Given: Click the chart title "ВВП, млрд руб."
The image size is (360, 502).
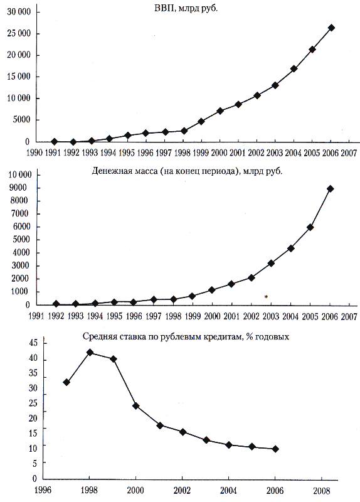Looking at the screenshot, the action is (x=186, y=9).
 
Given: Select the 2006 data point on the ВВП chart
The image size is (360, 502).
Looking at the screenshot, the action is (x=332, y=28).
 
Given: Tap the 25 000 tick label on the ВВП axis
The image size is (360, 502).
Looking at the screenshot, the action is (x=19, y=33).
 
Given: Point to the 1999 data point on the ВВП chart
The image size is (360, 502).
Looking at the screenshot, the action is (x=201, y=121).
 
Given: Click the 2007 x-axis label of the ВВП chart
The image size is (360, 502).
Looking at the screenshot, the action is (x=349, y=153).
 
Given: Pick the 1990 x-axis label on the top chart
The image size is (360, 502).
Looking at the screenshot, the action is (x=34, y=152).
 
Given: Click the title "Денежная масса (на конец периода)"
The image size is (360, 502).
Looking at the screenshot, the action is (x=166, y=171).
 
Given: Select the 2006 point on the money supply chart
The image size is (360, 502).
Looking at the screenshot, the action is (x=330, y=189).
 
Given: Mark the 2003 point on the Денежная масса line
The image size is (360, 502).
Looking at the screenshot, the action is (x=271, y=263).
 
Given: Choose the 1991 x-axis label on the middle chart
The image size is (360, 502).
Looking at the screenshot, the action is (x=36, y=316).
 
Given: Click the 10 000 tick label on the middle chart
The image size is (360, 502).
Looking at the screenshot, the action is (x=20, y=174).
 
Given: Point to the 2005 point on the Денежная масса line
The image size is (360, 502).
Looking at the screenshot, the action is (x=310, y=227).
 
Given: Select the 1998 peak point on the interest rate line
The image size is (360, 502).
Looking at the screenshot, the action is (x=90, y=352).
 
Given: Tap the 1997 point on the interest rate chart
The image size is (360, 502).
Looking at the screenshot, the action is (x=66, y=382).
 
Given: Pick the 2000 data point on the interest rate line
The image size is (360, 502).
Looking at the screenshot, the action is (x=135, y=405).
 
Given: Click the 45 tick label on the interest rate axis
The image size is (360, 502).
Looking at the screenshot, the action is (x=33, y=343).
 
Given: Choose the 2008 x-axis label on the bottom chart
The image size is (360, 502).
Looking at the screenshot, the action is (x=321, y=491).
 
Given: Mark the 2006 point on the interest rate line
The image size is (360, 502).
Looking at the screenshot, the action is (x=275, y=449).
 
